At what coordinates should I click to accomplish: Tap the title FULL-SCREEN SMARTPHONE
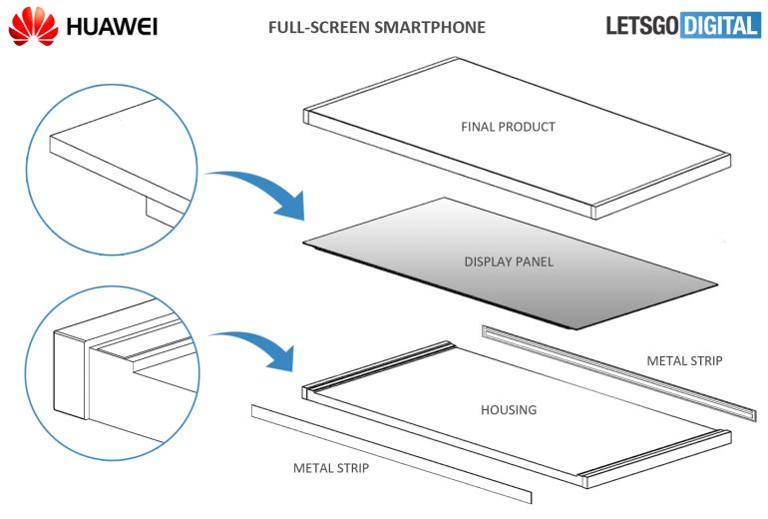(x=377, y=27)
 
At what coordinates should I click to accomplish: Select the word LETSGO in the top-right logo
(x=642, y=26)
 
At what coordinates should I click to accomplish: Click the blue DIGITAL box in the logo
(x=720, y=26)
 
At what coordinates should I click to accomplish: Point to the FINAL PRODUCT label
(x=508, y=127)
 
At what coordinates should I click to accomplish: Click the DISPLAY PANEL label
(x=509, y=261)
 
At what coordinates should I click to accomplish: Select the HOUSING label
(x=509, y=409)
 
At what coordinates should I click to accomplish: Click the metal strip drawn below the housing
(x=389, y=454)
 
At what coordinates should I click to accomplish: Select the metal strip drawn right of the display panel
(x=618, y=368)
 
